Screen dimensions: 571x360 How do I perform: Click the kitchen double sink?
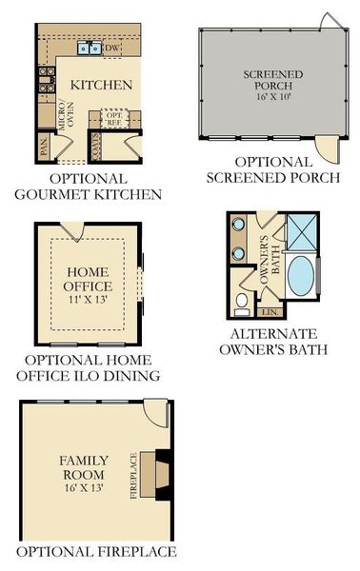click(91, 47)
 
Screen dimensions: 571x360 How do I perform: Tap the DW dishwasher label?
click(111, 47)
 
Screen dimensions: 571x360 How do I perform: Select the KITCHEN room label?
click(102, 85)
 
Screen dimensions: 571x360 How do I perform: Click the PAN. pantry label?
click(44, 144)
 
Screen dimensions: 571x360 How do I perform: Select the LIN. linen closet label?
click(269, 311)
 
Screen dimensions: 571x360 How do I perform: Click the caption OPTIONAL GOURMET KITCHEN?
click(88, 187)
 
